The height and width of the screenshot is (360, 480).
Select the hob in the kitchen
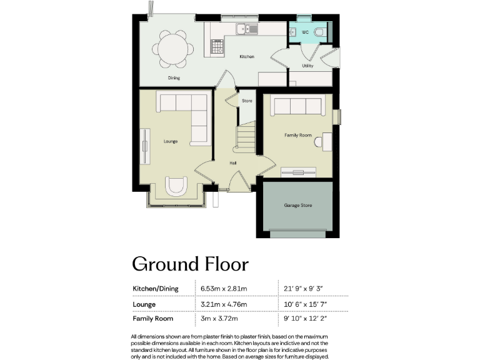pyautogui.click(x=218, y=46)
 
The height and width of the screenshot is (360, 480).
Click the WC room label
pyautogui.click(x=304, y=31)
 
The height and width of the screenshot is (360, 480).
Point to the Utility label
pyautogui.click(x=307, y=66)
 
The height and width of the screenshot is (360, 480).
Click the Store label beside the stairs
pyautogui.click(x=247, y=101)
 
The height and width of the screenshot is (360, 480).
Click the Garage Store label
pyautogui.click(x=297, y=205)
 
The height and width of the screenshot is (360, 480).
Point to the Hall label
pyautogui.click(x=232, y=162)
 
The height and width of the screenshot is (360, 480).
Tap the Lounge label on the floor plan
pyautogui.click(x=171, y=141)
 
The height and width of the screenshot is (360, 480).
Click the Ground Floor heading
pyautogui.click(x=190, y=264)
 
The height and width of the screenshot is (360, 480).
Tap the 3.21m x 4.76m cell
pyautogui.click(x=223, y=304)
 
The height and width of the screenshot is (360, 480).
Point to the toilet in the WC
pyautogui.click(x=319, y=31)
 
